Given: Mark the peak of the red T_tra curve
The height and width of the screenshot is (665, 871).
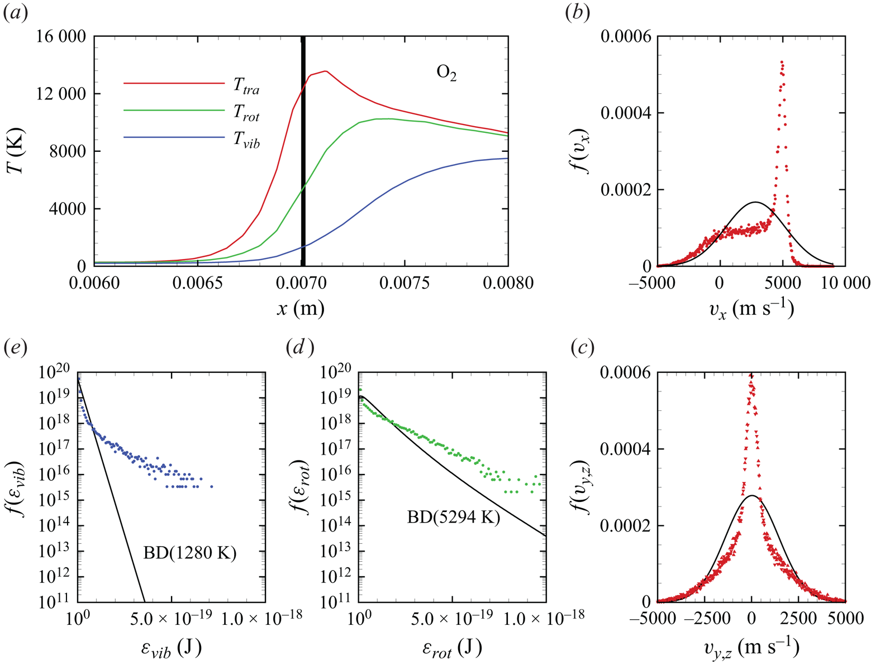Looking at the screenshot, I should click(x=325, y=71).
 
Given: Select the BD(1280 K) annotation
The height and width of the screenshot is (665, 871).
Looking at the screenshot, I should click(x=190, y=553).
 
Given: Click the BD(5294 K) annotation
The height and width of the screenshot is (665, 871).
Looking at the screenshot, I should click(x=453, y=518).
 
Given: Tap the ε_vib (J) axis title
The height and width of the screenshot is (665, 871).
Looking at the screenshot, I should click(x=170, y=648).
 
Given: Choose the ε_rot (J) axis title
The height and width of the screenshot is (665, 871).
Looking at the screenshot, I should click(x=452, y=648).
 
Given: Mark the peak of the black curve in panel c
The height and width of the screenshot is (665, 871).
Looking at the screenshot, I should click(x=752, y=495).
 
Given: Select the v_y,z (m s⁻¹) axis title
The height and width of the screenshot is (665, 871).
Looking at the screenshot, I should click(x=751, y=648).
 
